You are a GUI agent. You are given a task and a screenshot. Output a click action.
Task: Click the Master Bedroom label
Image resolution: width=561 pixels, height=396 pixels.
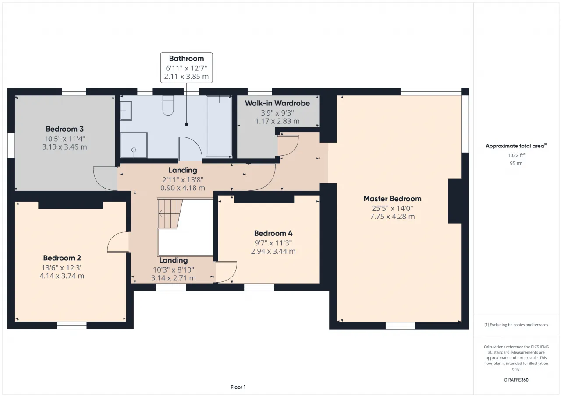(392, 199)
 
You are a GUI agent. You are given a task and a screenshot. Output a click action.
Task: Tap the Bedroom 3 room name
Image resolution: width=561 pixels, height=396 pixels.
(64, 129)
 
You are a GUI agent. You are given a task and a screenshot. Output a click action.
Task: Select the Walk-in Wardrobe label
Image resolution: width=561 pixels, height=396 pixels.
(277, 103)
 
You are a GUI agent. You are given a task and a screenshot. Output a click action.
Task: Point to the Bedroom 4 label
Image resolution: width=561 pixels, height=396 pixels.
(273, 233)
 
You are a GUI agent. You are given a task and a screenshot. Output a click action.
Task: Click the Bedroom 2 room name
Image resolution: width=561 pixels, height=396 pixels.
(62, 258)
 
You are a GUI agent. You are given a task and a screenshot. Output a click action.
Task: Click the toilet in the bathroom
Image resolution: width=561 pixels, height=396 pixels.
(168, 105)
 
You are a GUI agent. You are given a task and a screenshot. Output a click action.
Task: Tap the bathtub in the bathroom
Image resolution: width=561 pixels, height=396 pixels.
(219, 126)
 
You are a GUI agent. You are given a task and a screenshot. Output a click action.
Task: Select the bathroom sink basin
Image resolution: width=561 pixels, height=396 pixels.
(126, 111)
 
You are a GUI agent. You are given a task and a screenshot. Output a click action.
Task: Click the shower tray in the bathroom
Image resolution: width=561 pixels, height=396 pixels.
(134, 145)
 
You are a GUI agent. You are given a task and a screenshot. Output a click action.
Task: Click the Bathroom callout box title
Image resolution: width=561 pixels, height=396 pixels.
(187, 59)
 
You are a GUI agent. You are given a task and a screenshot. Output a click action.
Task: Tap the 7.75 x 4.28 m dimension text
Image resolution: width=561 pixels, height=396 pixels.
(392, 217)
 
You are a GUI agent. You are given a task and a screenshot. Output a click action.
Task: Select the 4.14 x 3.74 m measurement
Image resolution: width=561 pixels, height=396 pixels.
(62, 276)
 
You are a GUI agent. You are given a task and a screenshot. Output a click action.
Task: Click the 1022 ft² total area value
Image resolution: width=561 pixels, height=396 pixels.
(516, 155)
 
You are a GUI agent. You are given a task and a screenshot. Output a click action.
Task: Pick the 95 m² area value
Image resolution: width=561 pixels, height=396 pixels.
(516, 163)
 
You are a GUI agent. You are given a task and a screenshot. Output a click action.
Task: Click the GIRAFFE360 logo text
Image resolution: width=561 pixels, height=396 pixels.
(516, 380)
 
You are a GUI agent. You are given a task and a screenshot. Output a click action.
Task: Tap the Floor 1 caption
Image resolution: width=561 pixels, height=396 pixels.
(238, 387)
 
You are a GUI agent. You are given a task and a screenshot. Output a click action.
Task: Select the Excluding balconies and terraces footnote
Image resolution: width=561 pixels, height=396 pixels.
(516, 325)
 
